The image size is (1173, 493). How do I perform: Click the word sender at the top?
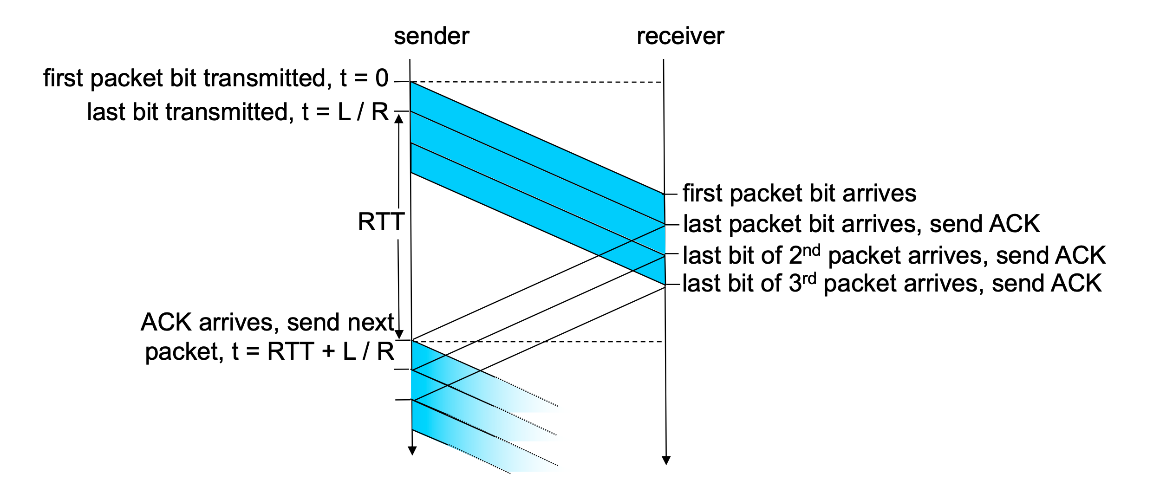point(431,36)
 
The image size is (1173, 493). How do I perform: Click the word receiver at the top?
point(680,36)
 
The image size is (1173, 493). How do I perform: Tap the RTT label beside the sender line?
point(381,222)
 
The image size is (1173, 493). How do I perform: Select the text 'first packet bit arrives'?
point(799,193)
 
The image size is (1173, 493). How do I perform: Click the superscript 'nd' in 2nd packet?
point(811,251)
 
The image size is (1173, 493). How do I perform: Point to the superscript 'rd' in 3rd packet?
point(809,279)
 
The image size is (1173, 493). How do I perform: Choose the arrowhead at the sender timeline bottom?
point(412,451)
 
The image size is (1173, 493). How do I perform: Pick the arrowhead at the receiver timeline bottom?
point(666,460)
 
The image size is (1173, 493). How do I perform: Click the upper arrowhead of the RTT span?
point(398,119)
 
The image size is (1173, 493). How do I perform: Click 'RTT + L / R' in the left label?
point(331,351)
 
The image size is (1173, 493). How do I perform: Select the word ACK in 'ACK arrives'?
point(166,322)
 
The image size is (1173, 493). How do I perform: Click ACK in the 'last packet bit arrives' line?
point(1014,224)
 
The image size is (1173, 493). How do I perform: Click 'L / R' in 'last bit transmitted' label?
point(363,112)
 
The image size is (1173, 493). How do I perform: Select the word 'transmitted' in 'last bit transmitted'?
point(229,112)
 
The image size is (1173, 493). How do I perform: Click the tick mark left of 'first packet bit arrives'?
point(671,194)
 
